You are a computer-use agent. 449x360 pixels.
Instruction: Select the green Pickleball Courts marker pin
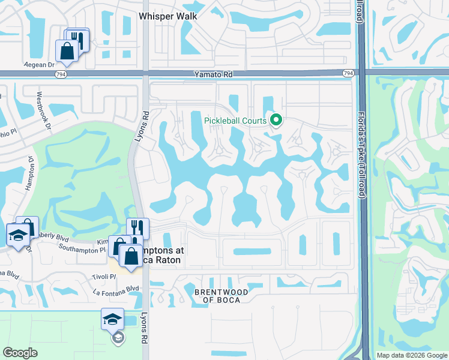[276, 121]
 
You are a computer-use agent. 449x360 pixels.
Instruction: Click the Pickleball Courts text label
[235, 121]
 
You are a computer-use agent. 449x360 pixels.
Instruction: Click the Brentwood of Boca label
[221, 296]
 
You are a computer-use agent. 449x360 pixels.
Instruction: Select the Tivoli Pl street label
[104, 277]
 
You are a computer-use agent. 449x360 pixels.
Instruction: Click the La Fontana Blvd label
[116, 289]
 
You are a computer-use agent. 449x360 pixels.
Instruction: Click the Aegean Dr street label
[40, 64]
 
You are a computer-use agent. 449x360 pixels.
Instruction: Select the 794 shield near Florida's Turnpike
[348, 73]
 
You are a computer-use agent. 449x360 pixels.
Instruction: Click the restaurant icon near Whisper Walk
[78, 40]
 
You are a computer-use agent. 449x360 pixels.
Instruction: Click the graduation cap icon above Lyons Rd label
[112, 320]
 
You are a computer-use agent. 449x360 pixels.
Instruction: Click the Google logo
[20, 353]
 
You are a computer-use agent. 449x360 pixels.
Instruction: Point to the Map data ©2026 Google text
[412, 355]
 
